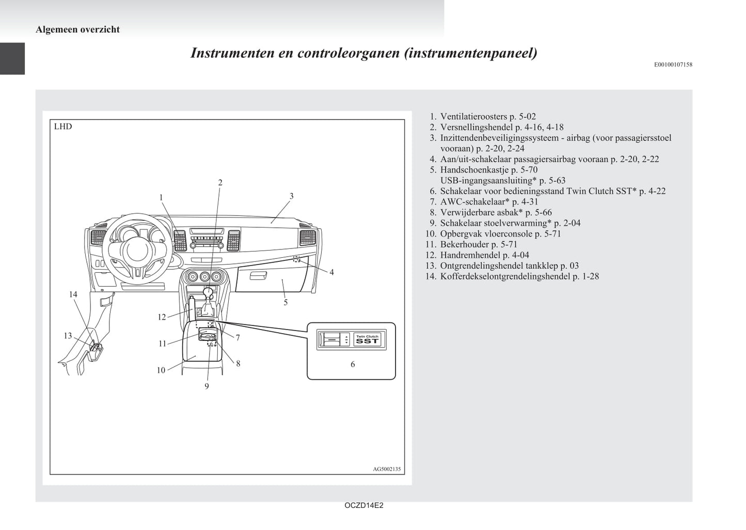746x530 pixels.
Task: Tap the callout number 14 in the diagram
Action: pos(73,294)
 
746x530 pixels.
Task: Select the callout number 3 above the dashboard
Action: pos(292,196)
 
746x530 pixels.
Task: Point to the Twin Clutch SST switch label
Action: pos(367,339)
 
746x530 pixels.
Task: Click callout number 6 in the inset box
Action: pos(353,364)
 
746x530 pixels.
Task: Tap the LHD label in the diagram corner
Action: pos(63,127)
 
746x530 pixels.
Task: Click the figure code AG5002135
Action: pos(387,469)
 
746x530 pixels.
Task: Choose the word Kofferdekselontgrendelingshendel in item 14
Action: pos(505,276)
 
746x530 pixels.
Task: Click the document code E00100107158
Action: pos(673,65)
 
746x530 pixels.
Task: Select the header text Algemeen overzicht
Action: pos(77,29)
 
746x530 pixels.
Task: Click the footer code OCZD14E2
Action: pos(364,506)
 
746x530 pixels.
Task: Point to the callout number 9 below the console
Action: pos(207,386)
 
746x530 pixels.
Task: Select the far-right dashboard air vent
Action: pos(307,238)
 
